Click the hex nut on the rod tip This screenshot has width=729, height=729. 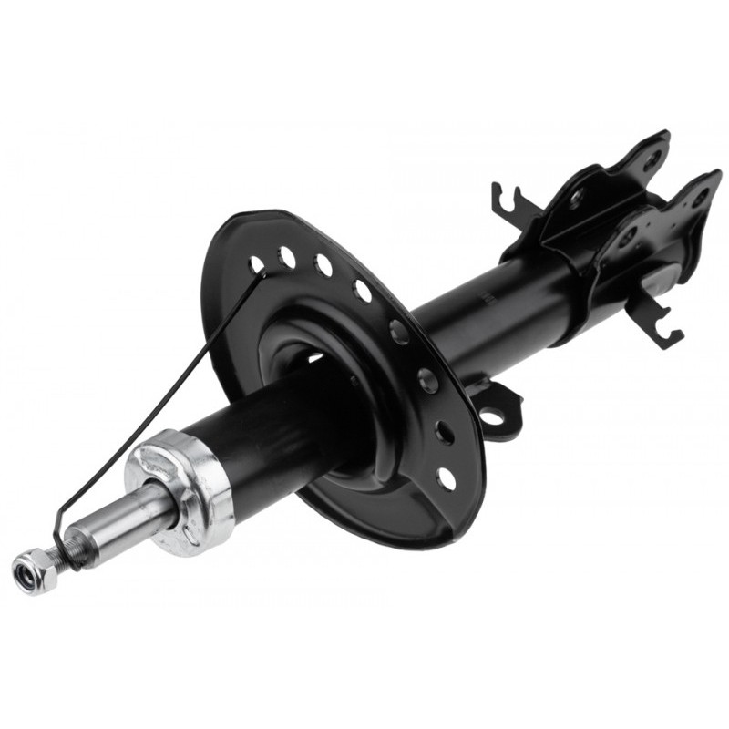coord(31,569)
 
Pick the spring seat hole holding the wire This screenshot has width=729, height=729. coord(257,265)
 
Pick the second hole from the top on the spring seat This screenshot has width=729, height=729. coord(287,258)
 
